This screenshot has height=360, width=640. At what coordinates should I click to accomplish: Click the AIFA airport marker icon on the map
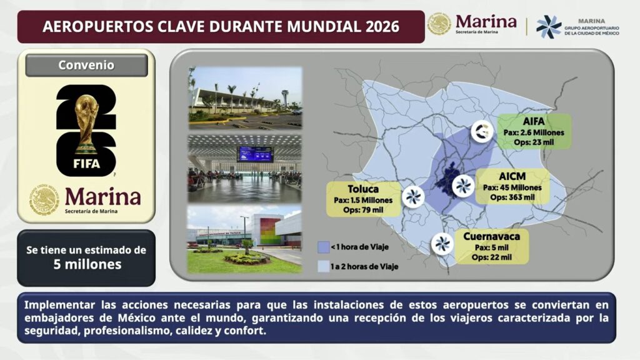(482, 131)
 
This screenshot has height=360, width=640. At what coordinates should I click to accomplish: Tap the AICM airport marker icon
(463, 186)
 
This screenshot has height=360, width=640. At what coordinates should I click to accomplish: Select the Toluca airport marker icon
(413, 197)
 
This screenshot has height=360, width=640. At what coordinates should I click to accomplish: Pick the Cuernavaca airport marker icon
(442, 244)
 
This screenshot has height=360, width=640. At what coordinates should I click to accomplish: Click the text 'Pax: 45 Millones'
(512, 187)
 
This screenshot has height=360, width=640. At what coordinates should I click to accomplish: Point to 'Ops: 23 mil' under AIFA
(534, 142)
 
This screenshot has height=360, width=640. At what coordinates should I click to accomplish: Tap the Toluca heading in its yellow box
(363, 189)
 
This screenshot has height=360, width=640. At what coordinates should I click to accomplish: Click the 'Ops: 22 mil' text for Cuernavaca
(491, 257)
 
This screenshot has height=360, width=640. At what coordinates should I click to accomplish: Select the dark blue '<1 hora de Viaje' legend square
(323, 247)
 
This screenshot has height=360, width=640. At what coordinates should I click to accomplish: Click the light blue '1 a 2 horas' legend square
(323, 266)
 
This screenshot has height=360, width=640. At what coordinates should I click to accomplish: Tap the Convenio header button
(86, 65)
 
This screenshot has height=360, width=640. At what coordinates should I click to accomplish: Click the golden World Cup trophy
(86, 122)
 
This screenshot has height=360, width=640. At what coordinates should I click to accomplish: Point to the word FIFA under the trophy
(86, 164)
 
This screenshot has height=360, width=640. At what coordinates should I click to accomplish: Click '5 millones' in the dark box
(87, 264)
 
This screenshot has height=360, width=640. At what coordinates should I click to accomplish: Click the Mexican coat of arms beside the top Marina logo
(439, 24)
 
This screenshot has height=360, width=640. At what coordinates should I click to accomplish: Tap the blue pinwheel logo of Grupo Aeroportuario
(548, 27)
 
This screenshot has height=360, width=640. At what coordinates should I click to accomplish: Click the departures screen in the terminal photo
(255, 155)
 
